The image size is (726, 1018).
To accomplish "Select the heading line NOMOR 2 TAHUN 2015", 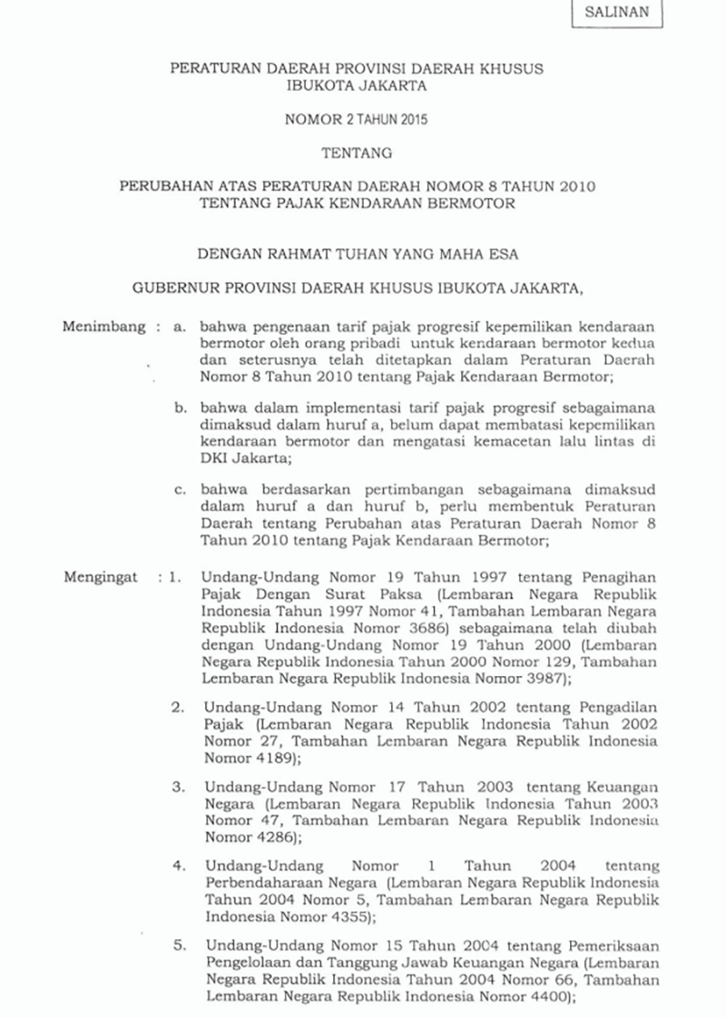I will [x=363, y=118].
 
